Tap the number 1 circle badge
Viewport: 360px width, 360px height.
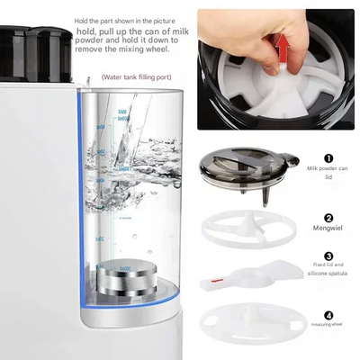[x=328, y=157]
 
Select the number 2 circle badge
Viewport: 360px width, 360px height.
[x=328, y=217]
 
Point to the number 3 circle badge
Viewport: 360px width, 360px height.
[x=328, y=255]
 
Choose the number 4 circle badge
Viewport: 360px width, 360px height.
[x=328, y=315]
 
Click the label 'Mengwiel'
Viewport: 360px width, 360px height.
[x=328, y=229]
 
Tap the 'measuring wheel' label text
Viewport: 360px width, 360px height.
[x=328, y=327]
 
